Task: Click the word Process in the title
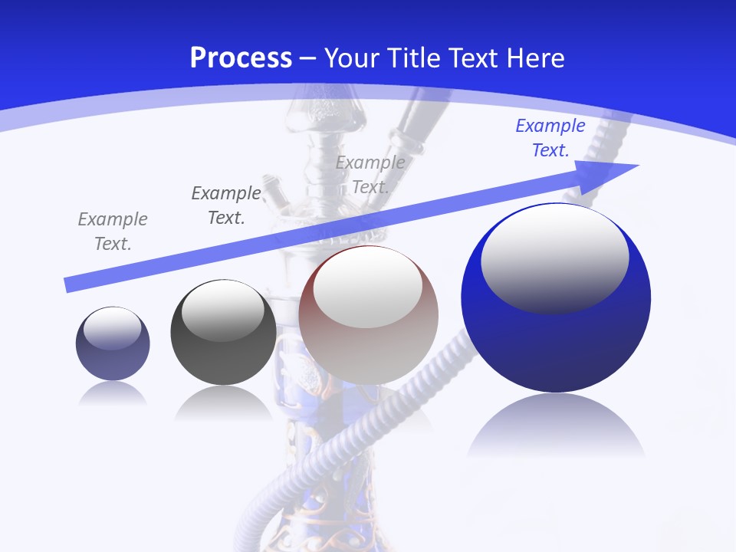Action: pyautogui.click(x=241, y=58)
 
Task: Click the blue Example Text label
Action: pyautogui.click(x=550, y=138)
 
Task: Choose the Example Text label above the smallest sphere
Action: pyautogui.click(x=113, y=232)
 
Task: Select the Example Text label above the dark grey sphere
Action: pyautogui.click(x=226, y=205)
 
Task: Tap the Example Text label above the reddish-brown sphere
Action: pyautogui.click(x=370, y=174)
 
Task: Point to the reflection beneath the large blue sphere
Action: pyautogui.click(x=556, y=426)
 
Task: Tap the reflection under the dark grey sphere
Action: pyautogui.click(x=223, y=402)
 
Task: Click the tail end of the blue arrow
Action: pyautogui.click(x=71, y=284)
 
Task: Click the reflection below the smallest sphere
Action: pyautogui.click(x=113, y=394)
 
